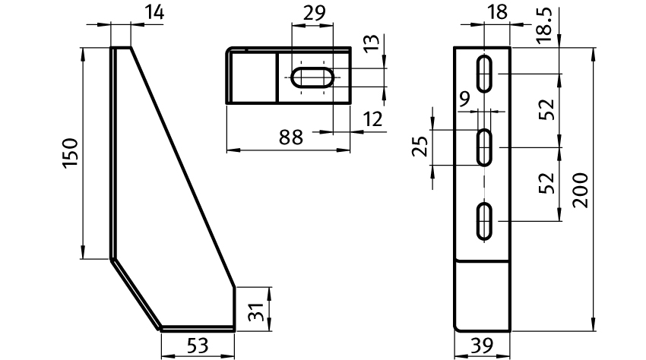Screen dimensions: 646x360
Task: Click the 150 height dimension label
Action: point(70,153)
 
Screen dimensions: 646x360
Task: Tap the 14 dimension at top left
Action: point(154,12)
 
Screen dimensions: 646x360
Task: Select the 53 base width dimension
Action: point(198,346)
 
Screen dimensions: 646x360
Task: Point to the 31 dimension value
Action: point(255,312)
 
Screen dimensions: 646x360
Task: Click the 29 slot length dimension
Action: point(315,13)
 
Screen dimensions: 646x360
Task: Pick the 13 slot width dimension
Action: point(372,43)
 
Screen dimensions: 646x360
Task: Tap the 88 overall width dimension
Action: point(291,137)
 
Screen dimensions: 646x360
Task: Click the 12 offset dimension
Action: point(373,119)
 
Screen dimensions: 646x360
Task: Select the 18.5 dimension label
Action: point(544,25)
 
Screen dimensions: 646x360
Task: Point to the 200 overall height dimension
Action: point(581,191)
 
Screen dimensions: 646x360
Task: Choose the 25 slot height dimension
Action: point(420,147)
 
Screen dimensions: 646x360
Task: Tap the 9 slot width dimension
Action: point(464,99)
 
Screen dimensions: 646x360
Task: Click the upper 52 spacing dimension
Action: point(547,109)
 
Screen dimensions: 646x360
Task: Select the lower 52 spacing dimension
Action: point(547,183)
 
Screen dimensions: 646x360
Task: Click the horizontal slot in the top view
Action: point(312,77)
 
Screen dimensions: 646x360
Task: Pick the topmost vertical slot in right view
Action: point(485,74)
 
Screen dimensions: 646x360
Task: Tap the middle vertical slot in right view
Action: point(485,147)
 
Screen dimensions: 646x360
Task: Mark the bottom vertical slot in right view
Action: point(485,221)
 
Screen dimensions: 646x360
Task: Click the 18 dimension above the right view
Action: point(497,12)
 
